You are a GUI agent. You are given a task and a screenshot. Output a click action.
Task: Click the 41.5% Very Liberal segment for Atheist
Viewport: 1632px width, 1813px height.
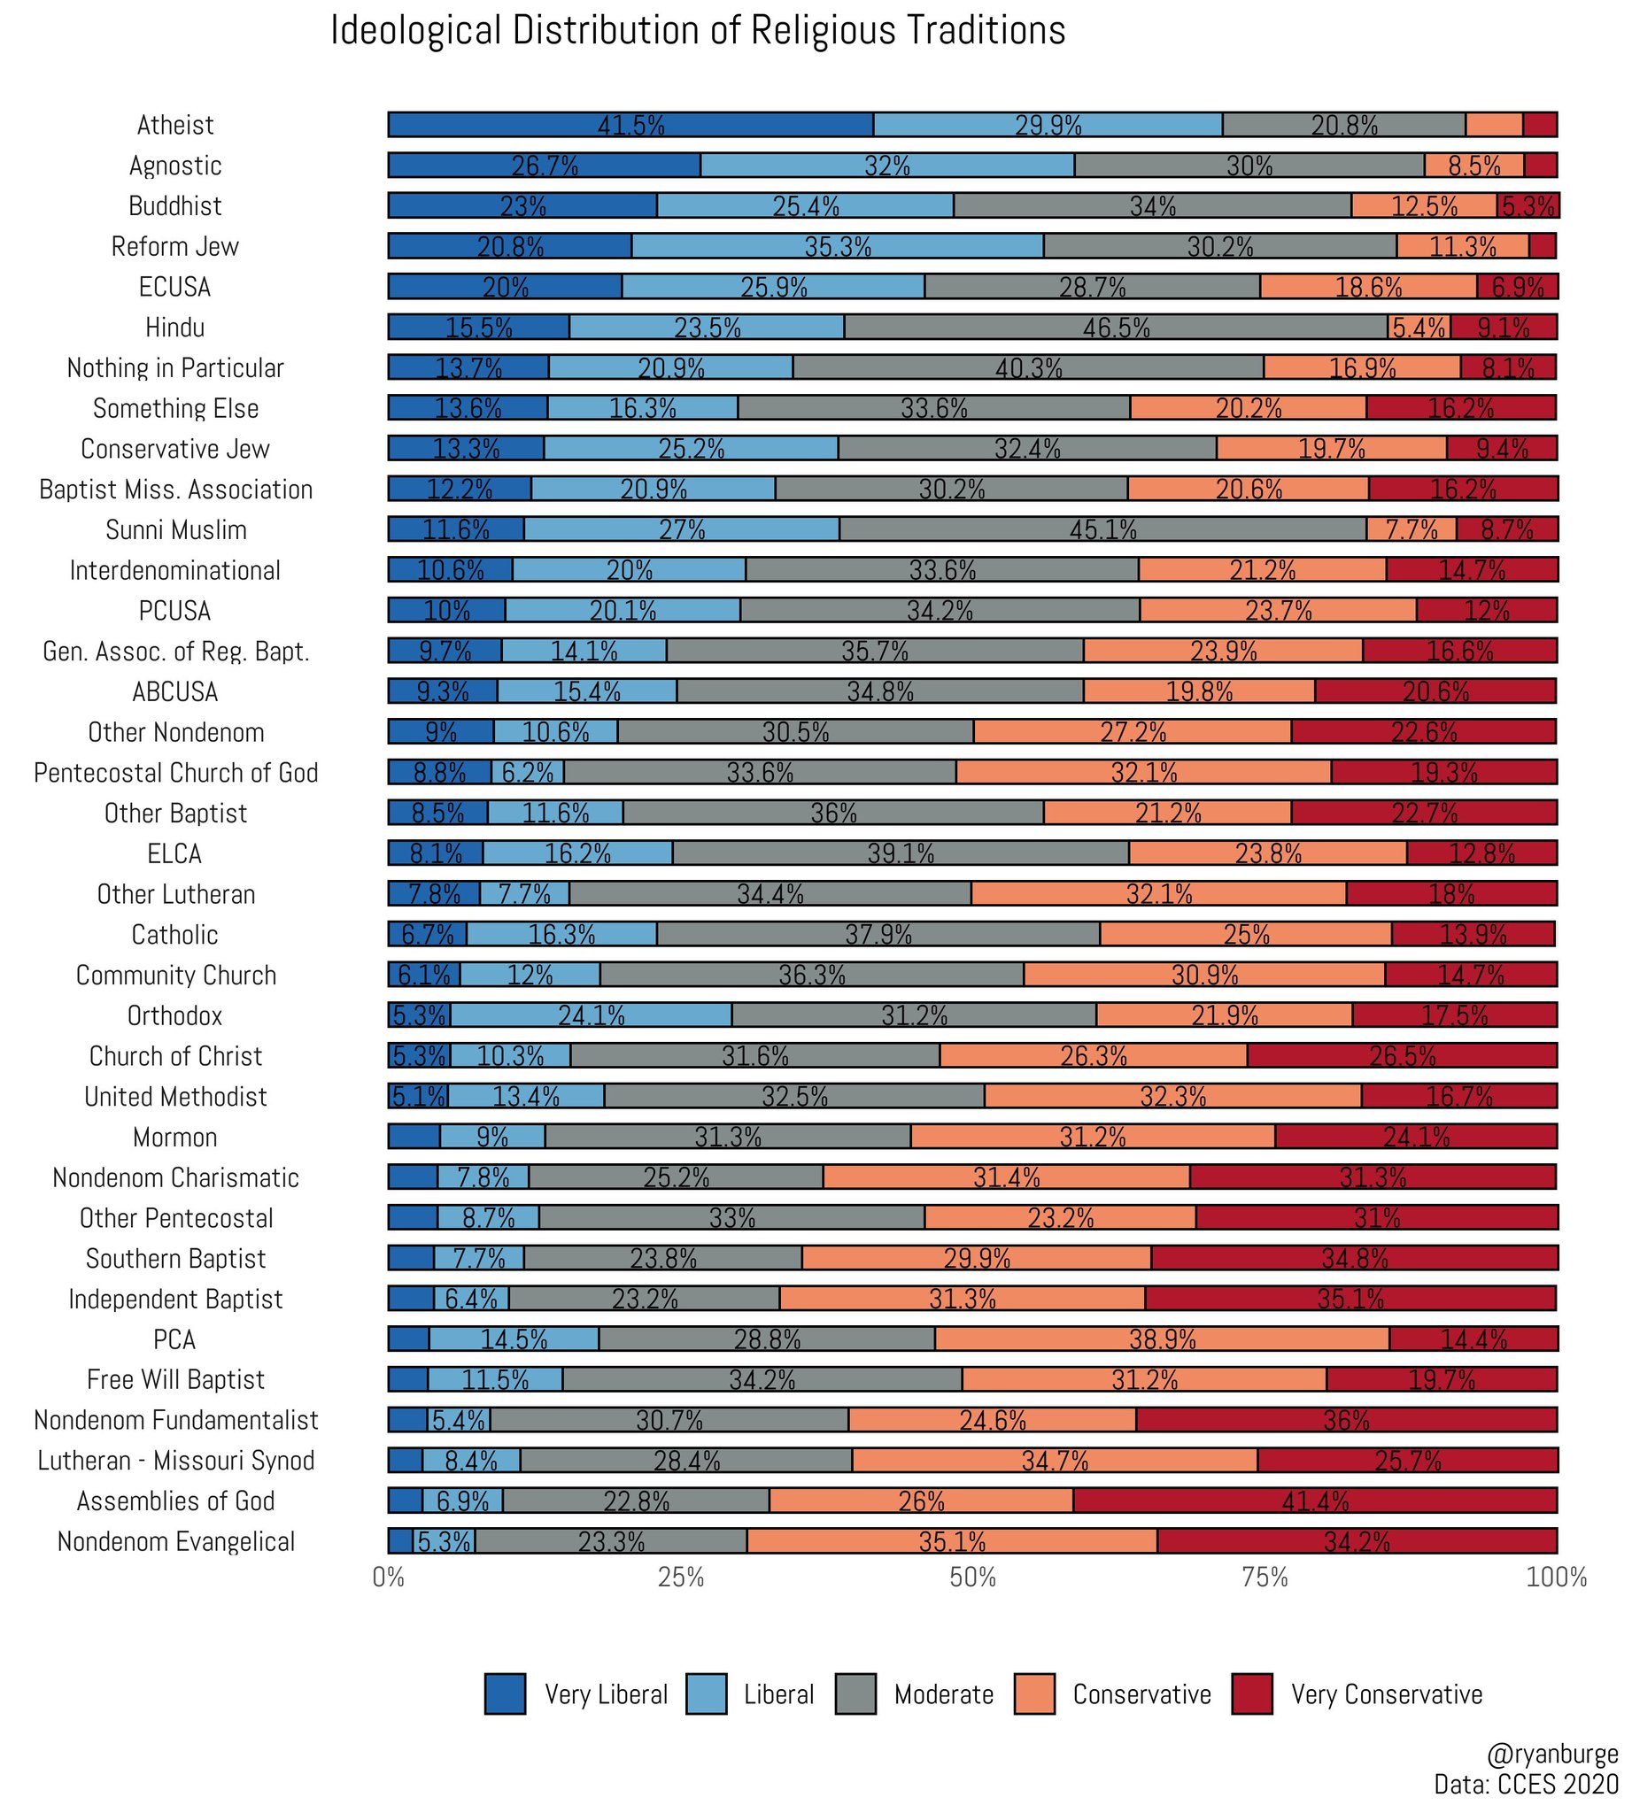[x=630, y=125]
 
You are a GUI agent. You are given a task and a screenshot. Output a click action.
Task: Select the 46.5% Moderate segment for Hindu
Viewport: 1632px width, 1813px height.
[x=1116, y=328]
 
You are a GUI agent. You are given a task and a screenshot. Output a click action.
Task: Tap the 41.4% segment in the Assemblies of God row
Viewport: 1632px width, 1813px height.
[x=1315, y=1501]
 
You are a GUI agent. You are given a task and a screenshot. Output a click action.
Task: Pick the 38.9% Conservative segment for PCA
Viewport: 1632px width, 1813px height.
[x=1161, y=1339]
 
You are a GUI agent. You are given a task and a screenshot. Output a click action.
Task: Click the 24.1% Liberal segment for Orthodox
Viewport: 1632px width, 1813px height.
[x=591, y=1015]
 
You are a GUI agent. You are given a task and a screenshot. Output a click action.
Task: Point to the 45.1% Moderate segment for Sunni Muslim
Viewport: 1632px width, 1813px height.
[x=1102, y=529]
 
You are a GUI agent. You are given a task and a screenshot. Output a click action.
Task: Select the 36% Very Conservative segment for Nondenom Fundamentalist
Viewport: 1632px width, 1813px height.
[x=1346, y=1419]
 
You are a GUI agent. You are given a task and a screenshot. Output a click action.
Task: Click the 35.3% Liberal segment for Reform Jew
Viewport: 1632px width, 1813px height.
[x=837, y=246]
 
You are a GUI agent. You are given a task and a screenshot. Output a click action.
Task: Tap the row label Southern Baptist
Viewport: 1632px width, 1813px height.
[x=175, y=1258]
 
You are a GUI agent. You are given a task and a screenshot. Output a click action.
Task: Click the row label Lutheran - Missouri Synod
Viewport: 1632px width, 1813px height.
[x=175, y=1461]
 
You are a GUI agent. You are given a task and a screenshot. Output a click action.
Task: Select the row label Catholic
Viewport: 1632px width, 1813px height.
[x=174, y=934]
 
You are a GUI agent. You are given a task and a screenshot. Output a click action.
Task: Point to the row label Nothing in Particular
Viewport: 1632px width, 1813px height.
[x=174, y=367]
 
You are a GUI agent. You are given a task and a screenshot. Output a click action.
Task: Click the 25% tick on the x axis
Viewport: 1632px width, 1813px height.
[x=681, y=1577]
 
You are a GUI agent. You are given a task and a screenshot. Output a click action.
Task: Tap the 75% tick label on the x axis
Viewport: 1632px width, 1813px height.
[x=1265, y=1577]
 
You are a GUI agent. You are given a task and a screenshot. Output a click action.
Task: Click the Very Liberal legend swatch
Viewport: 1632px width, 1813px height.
[x=505, y=1693]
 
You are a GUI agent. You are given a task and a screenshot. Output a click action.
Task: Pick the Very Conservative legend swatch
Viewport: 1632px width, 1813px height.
[x=1252, y=1693]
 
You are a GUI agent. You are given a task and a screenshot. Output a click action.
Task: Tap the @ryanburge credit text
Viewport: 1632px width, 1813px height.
[x=1552, y=1754]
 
